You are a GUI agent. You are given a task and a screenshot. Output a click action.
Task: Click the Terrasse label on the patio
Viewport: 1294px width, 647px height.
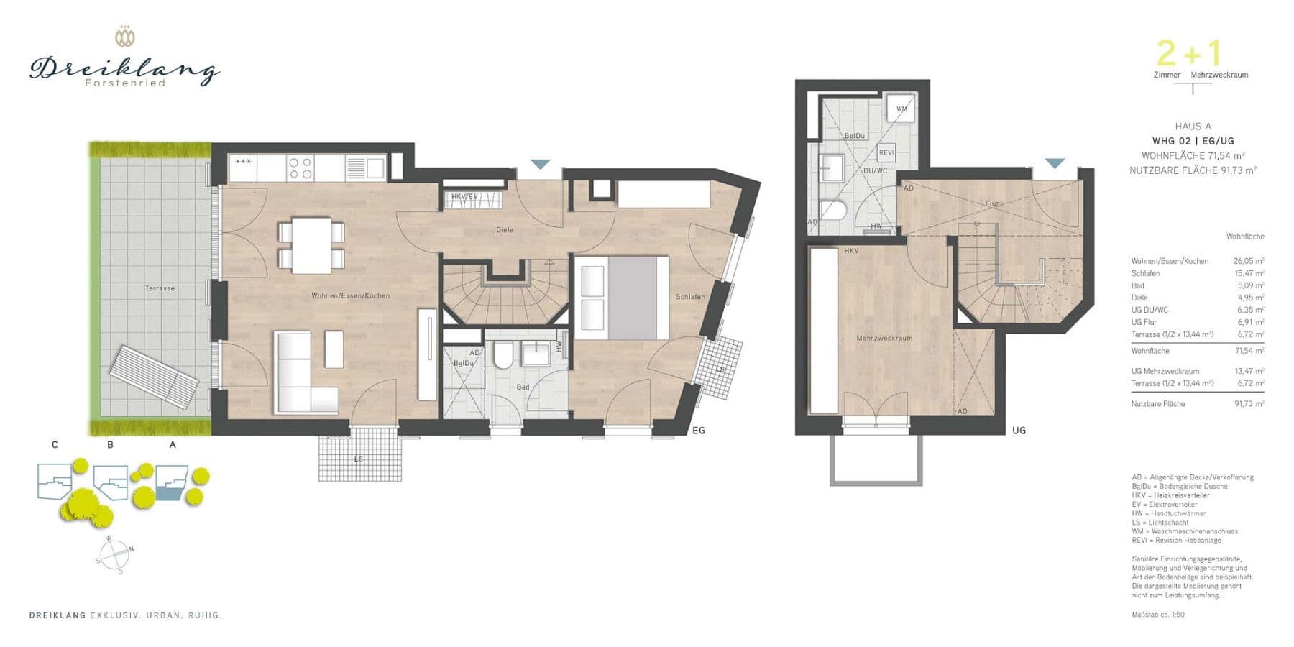point(160,288)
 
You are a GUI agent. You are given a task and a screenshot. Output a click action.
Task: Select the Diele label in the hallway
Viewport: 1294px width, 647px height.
point(505,230)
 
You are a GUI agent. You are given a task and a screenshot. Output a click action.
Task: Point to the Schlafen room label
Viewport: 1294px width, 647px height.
point(690,297)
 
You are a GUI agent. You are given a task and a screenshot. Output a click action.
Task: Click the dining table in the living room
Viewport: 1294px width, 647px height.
point(311,244)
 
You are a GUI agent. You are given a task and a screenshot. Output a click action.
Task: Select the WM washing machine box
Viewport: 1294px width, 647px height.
point(901,109)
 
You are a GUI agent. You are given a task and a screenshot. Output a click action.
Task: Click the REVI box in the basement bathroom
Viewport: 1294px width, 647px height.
point(886,152)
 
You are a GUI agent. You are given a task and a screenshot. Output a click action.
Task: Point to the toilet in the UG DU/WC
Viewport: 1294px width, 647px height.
point(834,209)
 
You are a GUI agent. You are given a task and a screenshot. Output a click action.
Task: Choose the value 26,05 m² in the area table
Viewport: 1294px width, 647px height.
point(1249,261)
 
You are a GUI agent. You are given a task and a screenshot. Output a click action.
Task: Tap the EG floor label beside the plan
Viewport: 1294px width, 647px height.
point(698,431)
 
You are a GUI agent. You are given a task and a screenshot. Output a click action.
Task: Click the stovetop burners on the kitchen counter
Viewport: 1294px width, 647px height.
point(300,168)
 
